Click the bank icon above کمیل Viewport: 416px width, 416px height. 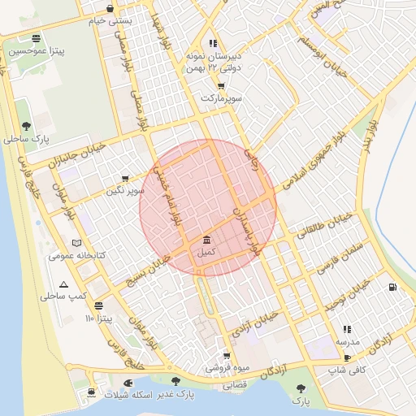tap(206, 240)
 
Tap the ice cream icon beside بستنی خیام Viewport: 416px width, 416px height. tap(110, 9)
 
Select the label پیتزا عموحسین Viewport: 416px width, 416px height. tap(36, 51)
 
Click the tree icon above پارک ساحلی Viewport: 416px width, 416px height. tap(27, 126)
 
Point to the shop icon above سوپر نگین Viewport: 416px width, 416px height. tap(125, 178)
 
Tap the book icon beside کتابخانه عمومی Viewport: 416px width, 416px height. tap(77, 243)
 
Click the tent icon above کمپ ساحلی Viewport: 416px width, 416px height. tap(64, 284)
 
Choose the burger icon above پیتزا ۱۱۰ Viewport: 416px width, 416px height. tap(99, 306)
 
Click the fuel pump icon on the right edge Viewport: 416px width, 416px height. tap(394, 287)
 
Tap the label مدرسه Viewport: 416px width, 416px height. tap(348, 342)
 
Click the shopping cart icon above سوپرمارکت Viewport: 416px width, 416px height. tap(222, 85)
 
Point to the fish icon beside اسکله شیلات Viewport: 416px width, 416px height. tap(128, 382)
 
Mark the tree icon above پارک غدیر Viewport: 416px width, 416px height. tap(175, 381)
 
